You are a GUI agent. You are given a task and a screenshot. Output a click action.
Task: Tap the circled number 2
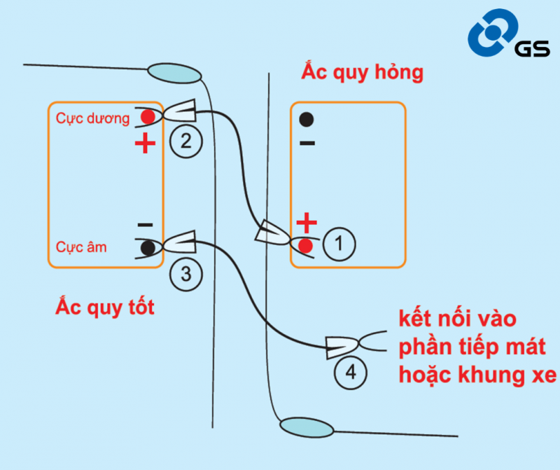[185, 142]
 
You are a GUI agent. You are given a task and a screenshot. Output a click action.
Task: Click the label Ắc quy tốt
[105, 307]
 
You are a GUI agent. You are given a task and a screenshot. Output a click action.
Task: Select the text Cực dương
[92, 118]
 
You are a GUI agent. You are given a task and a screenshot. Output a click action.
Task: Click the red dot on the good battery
[147, 116]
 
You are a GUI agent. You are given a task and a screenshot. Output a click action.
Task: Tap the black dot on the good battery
[147, 247]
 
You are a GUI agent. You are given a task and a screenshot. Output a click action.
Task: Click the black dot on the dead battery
[306, 119]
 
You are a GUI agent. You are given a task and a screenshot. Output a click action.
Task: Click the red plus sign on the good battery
[145, 144]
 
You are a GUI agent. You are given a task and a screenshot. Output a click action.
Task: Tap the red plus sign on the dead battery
[306, 223]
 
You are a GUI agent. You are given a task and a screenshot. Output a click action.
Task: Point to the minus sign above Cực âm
[145, 225]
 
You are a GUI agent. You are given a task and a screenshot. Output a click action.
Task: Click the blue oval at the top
[172, 73]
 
